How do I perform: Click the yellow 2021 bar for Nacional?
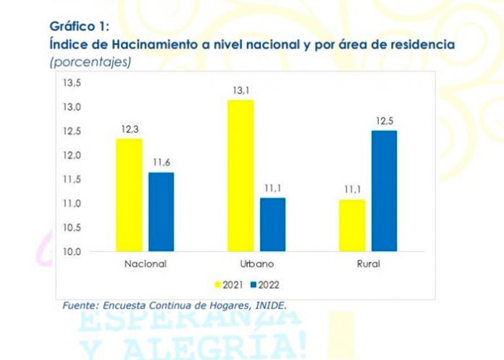point(130,195)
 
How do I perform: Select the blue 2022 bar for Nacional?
point(161,212)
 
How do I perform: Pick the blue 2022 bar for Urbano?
point(273,224)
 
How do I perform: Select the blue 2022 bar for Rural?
point(384,191)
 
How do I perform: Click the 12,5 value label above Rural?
point(384,121)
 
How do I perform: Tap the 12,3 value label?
point(130,129)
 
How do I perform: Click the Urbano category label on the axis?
point(256,264)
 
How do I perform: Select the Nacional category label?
point(145,264)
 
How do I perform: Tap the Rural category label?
point(368,264)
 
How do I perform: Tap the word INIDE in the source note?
point(268,306)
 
